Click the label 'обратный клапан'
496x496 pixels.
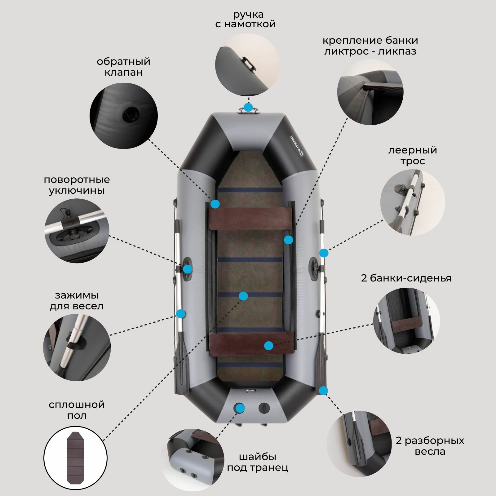pos(123,67)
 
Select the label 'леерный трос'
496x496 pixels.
pos(412,156)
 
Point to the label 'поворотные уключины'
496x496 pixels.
pos(77,185)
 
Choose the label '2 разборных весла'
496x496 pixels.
pos(430,446)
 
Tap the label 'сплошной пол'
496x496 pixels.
pos(77,410)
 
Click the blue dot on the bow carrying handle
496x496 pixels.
pos(248,108)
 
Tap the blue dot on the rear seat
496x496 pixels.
pos(269,346)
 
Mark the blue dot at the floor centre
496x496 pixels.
pos(243,296)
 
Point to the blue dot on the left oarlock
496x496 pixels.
pos(187,269)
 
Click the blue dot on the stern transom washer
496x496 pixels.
pos(239,408)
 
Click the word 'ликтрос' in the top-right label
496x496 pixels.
pos(347,51)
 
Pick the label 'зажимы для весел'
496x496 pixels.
pos(77,300)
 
